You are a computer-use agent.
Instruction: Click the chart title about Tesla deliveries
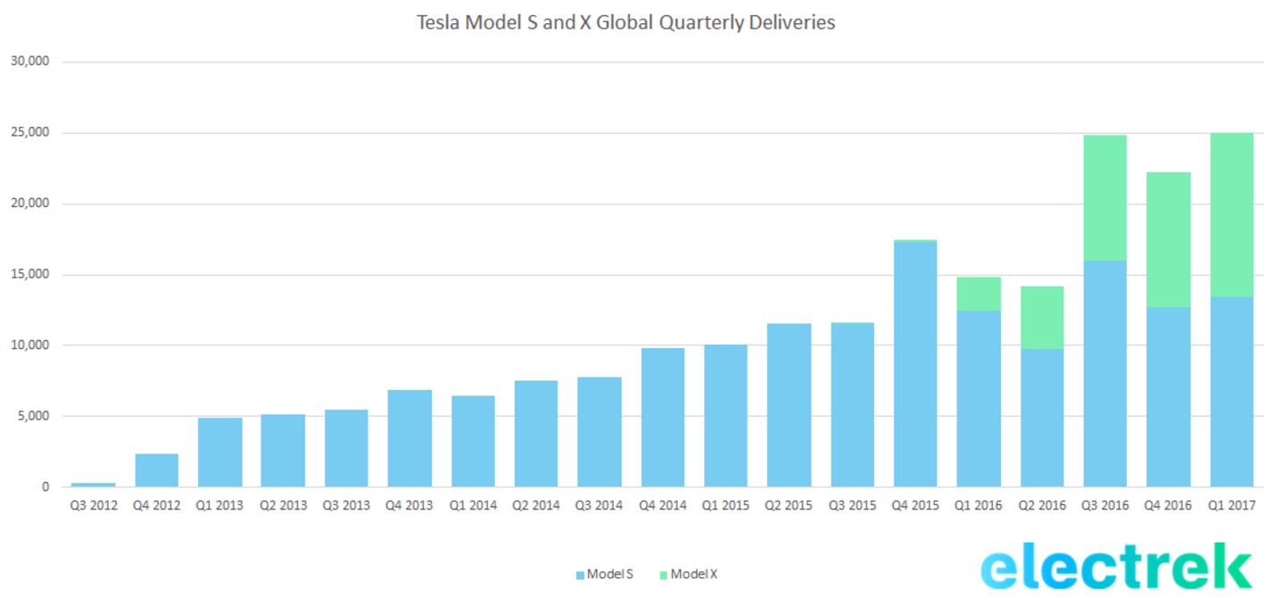pyautogui.click(x=625, y=22)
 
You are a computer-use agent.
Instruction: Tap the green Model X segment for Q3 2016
pyautogui.click(x=1105, y=198)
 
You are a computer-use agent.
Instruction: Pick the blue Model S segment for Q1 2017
pyautogui.click(x=1231, y=392)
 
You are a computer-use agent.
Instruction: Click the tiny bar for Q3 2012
pyautogui.click(x=94, y=485)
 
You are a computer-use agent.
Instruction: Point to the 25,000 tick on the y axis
pyautogui.click(x=30, y=133)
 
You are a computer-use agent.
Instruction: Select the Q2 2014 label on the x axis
pyautogui.click(x=535, y=505)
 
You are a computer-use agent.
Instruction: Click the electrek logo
pyautogui.click(x=1116, y=568)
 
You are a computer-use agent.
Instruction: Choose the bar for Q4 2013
pyautogui.click(x=409, y=438)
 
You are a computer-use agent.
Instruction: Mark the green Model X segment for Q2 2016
pyautogui.click(x=1042, y=318)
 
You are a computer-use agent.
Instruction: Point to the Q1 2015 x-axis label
pyautogui.click(x=725, y=505)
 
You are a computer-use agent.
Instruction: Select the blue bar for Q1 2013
pyautogui.click(x=219, y=452)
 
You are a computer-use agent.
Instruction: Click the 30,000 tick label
pyautogui.click(x=30, y=62)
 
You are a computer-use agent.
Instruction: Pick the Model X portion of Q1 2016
pyautogui.click(x=979, y=294)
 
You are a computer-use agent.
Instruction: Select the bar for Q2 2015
pyautogui.click(x=789, y=405)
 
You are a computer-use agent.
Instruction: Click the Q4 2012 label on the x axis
pyautogui.click(x=156, y=505)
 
